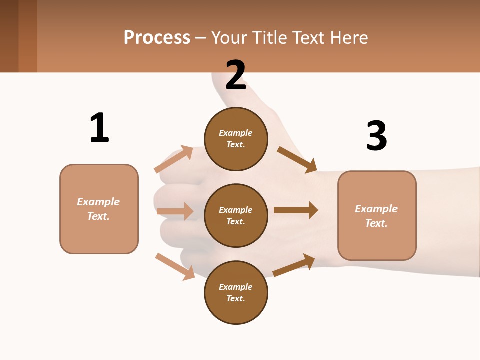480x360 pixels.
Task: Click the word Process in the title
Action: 157,37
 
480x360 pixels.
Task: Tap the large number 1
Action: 99,128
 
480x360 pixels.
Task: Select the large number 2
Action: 236,75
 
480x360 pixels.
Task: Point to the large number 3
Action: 376,136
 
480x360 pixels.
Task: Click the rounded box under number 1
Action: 99,209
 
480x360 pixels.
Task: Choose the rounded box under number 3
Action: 377,215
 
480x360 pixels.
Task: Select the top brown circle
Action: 236,139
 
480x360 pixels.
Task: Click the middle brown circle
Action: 236,215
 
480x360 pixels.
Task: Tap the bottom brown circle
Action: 236,292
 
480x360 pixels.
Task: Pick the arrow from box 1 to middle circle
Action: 175,211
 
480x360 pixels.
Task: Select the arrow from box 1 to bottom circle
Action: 175,266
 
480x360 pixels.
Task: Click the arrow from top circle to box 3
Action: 297,159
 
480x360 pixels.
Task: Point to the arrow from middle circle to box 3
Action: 296,210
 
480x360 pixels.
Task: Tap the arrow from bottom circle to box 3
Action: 294,265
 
